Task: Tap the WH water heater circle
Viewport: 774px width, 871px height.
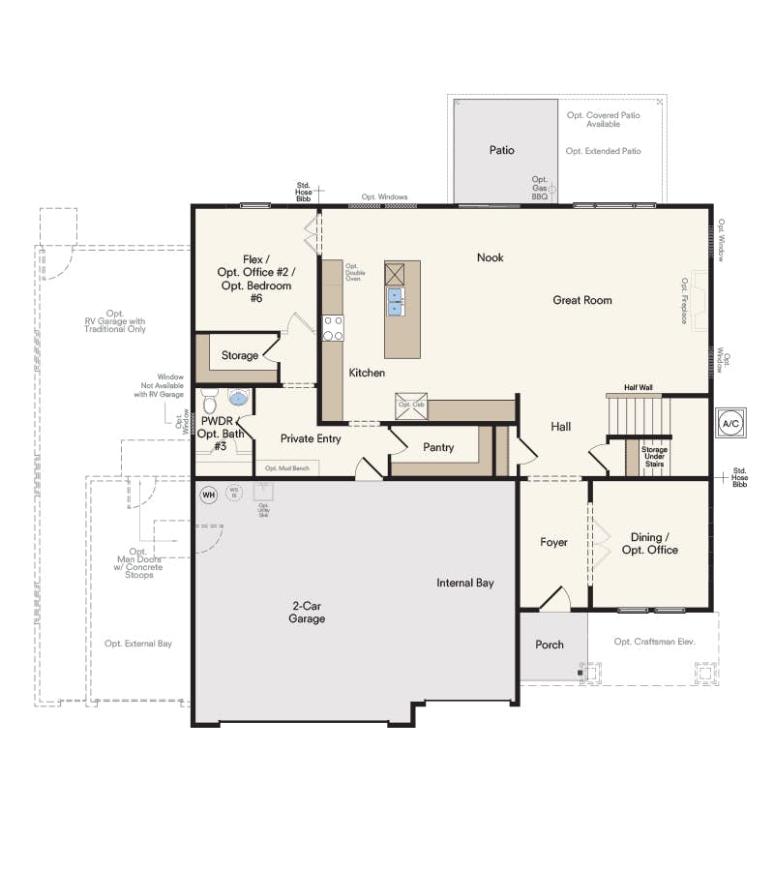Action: (x=208, y=496)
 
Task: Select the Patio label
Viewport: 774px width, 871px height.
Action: (x=501, y=150)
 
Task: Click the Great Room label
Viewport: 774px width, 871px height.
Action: (x=582, y=300)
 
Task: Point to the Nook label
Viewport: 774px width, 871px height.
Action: (x=490, y=257)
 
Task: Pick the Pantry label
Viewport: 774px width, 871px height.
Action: (x=439, y=447)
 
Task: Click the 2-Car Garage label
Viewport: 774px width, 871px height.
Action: (x=307, y=613)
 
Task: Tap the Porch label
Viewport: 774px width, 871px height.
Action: (x=550, y=645)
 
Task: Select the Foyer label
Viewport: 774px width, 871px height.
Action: (x=553, y=543)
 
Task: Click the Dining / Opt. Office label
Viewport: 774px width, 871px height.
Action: (x=654, y=544)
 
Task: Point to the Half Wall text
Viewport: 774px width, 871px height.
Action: (x=639, y=387)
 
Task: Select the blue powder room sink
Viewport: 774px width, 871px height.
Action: (x=238, y=397)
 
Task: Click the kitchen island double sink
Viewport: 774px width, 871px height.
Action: (x=396, y=304)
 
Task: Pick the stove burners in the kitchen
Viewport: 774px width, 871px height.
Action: (x=333, y=329)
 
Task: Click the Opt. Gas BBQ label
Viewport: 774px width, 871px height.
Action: (x=540, y=188)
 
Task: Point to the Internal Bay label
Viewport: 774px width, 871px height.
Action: (x=465, y=583)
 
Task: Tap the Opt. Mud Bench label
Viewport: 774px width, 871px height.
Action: (x=286, y=468)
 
